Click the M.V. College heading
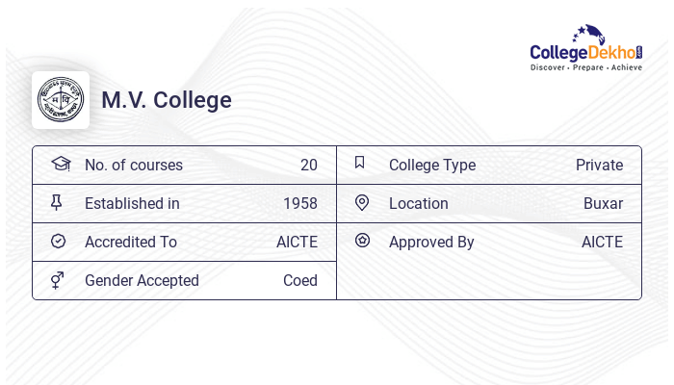(167, 100)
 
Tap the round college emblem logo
(61, 100)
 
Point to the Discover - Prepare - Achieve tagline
(586, 68)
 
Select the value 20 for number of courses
(308, 166)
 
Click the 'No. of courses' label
(134, 166)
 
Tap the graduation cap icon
(61, 164)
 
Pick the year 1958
(300, 204)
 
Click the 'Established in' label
(132, 204)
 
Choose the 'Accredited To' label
(131, 243)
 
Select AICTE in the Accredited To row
(297, 243)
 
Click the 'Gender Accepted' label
(142, 281)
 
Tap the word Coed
(300, 281)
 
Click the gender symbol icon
(58, 280)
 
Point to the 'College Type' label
(432, 166)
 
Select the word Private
(599, 166)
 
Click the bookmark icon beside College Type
(360, 164)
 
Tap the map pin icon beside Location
(362, 203)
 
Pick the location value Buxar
(603, 204)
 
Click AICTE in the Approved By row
(602, 243)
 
